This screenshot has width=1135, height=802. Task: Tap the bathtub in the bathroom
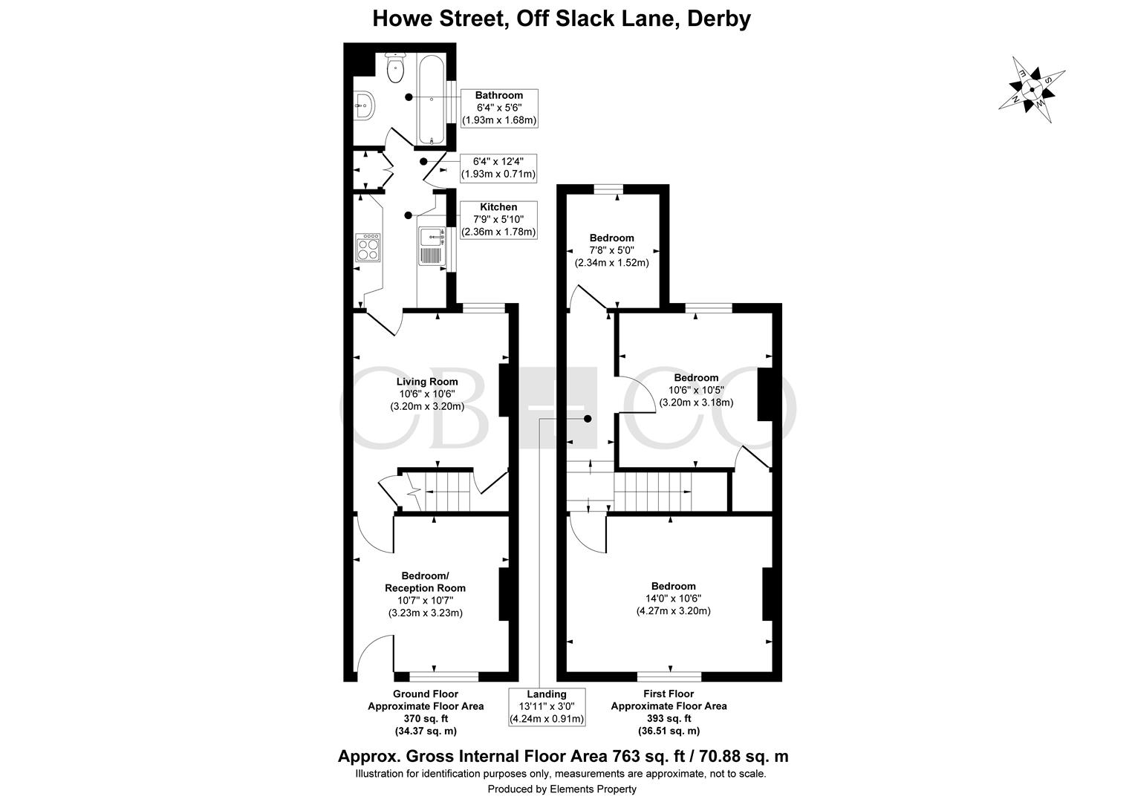pos(432,100)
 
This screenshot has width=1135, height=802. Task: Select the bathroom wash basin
pos(365,105)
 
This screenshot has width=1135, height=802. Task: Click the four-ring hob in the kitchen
pos(368,247)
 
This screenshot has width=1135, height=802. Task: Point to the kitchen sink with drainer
pos(432,246)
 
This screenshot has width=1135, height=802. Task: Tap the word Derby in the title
pos(718,19)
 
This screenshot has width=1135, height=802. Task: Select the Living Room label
pos(426,382)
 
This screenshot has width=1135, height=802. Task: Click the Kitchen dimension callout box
pos(498,220)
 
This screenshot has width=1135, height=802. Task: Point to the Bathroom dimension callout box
pos(499,108)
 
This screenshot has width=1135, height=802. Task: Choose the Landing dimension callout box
pos(547,707)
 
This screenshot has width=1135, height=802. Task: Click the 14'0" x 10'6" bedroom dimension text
pos(674,599)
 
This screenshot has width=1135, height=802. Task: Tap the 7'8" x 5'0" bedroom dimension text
pos(611,250)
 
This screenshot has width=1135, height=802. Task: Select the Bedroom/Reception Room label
pos(425,581)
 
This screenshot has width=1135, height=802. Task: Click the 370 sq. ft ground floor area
pos(426,718)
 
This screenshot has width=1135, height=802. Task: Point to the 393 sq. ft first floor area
pos(669,718)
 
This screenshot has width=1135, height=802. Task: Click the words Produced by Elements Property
pos(562,789)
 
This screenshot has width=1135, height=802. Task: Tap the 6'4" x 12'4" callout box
pos(498,168)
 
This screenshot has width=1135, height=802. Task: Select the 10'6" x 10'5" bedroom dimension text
pos(696,390)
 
